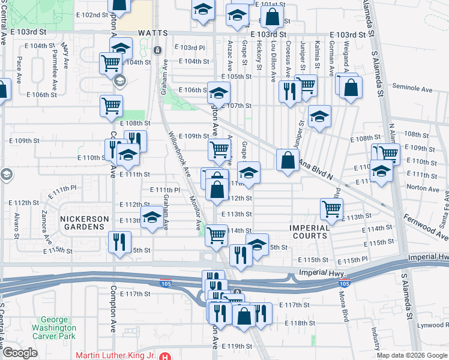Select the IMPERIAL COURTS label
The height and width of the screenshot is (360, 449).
click(x=310, y=232)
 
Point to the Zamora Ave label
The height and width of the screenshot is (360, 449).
click(x=43, y=221)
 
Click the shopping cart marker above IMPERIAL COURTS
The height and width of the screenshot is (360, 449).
click(x=332, y=209)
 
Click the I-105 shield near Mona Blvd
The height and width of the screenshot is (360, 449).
click(x=343, y=283)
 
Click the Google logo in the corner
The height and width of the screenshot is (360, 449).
click(x=20, y=353)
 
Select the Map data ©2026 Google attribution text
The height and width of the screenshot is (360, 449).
click(x=412, y=355)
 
